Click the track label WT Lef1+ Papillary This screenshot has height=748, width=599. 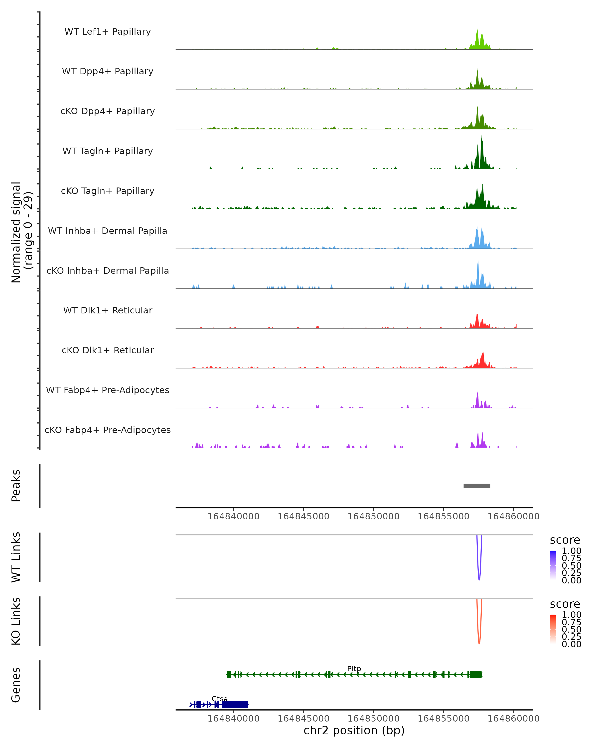pyautogui.click(x=108, y=32)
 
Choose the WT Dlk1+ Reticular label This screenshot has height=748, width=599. pyautogui.click(x=108, y=310)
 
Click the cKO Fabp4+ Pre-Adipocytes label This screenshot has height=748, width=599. pyautogui.click(x=108, y=430)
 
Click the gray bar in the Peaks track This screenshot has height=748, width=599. pyautogui.click(x=477, y=486)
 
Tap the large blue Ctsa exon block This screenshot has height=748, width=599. pyautogui.click(x=235, y=705)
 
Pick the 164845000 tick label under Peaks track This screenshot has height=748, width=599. pyautogui.click(x=303, y=516)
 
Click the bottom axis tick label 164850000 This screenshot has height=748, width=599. pyautogui.click(x=374, y=719)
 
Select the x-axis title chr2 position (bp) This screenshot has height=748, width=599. pyautogui.click(x=354, y=730)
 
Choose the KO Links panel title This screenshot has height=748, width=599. pyautogui.click(x=16, y=621)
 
